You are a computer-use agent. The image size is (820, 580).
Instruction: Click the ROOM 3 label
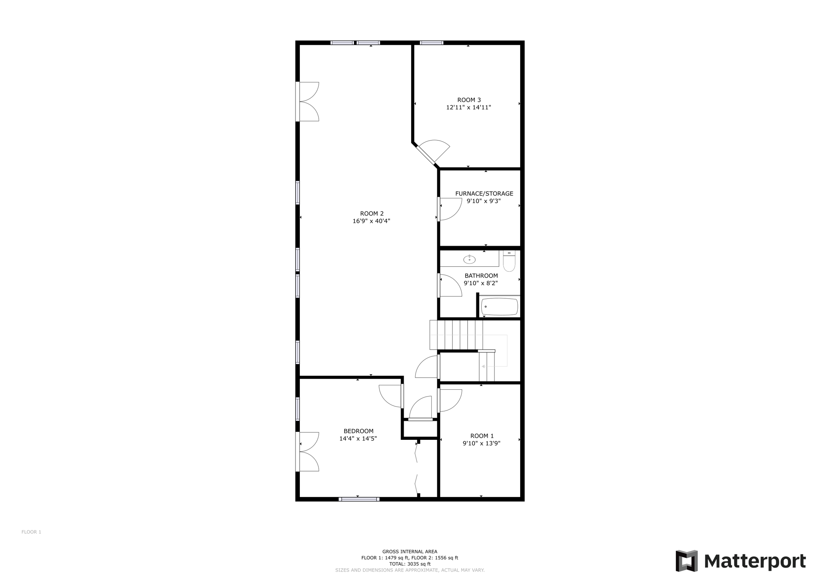coord(469,100)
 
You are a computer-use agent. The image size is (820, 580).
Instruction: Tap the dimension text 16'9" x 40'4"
coord(371,221)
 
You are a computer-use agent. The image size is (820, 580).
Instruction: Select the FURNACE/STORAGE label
coord(484,193)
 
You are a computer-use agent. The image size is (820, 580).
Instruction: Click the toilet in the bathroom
coord(509,262)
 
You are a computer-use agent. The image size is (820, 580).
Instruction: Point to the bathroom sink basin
coord(469,260)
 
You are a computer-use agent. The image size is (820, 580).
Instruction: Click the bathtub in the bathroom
coord(499,307)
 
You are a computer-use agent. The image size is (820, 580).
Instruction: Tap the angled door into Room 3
coord(432,152)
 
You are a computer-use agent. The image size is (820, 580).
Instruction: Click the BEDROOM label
coord(358,431)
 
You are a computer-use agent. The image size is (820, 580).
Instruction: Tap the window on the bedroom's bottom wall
coord(359,499)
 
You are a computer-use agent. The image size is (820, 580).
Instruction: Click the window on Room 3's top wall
coord(431,43)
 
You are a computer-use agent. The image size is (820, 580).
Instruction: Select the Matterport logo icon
coord(686,561)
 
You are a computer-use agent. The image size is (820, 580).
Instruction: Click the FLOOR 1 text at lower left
coord(31,532)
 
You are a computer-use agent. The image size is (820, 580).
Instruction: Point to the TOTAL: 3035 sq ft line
coord(410,564)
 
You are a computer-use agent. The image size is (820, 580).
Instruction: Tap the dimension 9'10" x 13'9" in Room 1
coord(481,443)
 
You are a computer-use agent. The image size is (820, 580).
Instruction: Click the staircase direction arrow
coord(483,367)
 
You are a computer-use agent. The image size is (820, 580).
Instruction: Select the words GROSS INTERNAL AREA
coord(410,552)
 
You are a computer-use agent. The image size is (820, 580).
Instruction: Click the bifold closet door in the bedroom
coord(416,469)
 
